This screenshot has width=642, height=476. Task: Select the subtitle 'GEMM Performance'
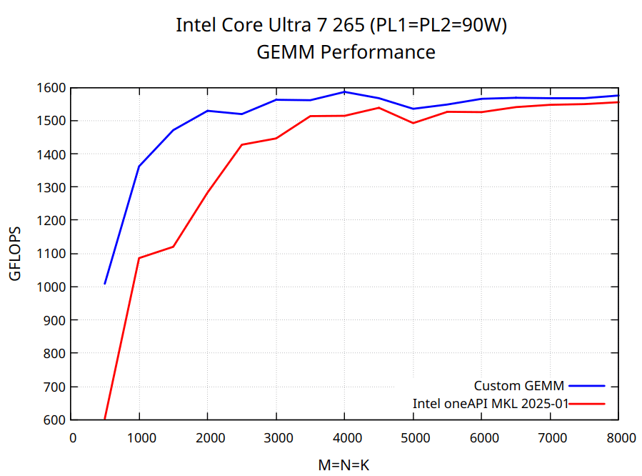click(346, 52)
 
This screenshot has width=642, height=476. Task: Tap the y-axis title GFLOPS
click(16, 254)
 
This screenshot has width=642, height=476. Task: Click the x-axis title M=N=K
click(344, 465)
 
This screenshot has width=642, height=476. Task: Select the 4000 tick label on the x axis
click(345, 437)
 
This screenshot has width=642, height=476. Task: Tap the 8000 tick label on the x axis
click(618, 437)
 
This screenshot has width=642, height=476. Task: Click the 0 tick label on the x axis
click(72, 437)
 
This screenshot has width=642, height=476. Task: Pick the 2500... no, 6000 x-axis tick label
click(482, 437)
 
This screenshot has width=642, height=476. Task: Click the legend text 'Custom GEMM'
click(519, 386)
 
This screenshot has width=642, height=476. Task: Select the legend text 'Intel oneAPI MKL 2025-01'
click(490, 403)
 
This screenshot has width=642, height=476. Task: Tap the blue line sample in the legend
click(588, 386)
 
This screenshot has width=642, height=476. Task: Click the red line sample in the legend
click(588, 403)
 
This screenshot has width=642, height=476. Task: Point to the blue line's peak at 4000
click(345, 91)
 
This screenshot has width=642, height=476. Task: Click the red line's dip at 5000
click(413, 123)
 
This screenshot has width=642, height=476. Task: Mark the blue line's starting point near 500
click(105, 284)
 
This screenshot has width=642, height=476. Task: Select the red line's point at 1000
click(139, 258)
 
